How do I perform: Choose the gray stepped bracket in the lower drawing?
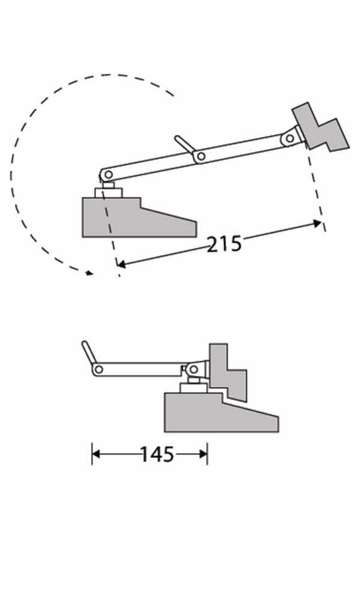(227, 373)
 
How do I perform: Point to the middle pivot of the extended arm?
(201, 157)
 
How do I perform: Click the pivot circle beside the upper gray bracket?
(290, 138)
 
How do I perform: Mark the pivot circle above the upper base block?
(108, 174)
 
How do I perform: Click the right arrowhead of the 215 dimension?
(318, 224)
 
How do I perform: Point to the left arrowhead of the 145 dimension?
(95, 454)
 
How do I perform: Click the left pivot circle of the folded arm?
(98, 368)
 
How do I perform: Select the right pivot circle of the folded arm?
(194, 368)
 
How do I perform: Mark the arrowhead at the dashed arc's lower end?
(90, 273)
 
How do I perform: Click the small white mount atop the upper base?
(109, 192)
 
